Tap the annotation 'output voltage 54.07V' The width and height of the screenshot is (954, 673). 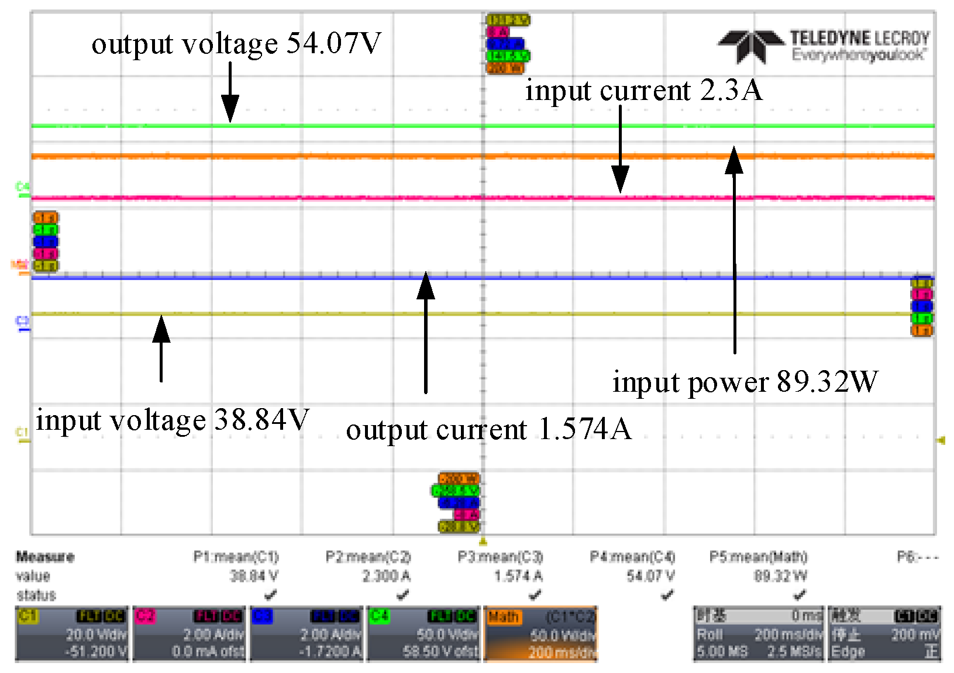[236, 43]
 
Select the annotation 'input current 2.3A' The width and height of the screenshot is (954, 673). [643, 91]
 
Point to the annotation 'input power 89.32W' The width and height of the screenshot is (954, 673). [745, 382]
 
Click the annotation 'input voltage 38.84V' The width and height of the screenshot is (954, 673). [172, 420]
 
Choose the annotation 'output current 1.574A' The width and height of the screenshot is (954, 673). [488, 430]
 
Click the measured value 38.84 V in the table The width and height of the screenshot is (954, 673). [254, 576]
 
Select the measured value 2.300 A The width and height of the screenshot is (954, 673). [386, 576]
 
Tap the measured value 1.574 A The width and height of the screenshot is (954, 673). [518, 576]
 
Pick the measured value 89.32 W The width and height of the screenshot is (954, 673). [780, 576]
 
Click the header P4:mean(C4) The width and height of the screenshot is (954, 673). [632, 557]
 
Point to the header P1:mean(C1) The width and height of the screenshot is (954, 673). [236, 557]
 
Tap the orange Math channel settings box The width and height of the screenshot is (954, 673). [541, 634]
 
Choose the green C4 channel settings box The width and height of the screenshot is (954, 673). [424, 634]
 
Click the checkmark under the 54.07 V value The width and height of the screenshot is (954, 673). [667, 595]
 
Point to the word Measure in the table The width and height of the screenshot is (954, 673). [45, 557]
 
